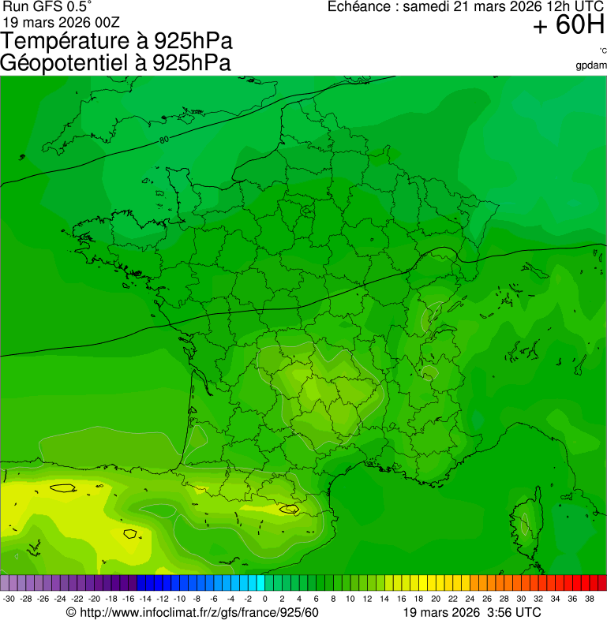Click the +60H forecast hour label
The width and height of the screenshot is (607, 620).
pos(568,26)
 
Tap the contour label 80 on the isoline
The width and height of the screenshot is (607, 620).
pos(163,140)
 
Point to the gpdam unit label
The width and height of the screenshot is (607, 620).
pos(591,65)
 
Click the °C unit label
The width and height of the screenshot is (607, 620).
pos(602,50)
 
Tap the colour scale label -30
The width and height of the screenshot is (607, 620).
pos(9,599)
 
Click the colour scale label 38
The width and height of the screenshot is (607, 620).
pos(590,599)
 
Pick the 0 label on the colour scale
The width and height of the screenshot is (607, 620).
pos(264,599)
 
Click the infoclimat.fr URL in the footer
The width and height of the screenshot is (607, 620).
pos(198,613)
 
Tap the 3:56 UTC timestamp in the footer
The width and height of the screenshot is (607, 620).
pos(515,613)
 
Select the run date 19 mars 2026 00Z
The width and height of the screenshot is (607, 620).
pos(55,21)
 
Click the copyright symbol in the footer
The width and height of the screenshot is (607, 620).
pos(71,613)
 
